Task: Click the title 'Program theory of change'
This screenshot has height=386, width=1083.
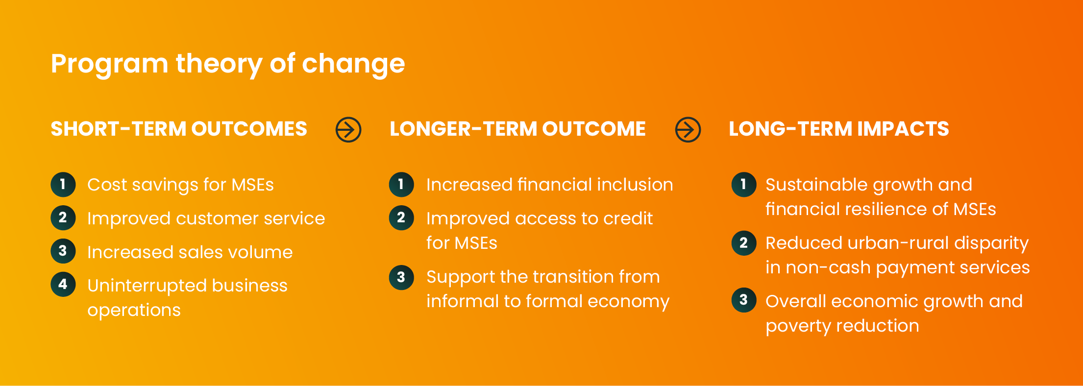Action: [x=228, y=64]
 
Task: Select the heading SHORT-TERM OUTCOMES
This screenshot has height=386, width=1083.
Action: [x=179, y=129]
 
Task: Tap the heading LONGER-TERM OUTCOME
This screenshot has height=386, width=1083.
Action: [x=517, y=129]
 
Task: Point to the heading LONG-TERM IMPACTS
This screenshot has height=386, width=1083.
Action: [x=838, y=129]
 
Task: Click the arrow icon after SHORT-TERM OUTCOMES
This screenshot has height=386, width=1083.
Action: [x=348, y=130]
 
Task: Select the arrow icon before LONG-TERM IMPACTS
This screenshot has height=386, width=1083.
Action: [x=688, y=130]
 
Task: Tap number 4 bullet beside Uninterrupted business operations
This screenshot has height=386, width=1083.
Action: [x=63, y=284]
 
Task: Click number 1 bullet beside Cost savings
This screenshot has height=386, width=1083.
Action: [x=63, y=184]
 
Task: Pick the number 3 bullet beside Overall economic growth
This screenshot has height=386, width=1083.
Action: [x=744, y=300]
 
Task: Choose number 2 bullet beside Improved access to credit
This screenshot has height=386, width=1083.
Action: [x=401, y=217]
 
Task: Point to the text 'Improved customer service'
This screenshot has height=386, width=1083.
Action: [x=206, y=218]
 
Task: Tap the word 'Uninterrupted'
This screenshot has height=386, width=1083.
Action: [x=146, y=286]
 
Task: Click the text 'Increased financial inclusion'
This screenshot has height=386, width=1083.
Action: [x=549, y=185]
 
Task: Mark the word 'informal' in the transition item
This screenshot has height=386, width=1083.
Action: [x=458, y=301]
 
